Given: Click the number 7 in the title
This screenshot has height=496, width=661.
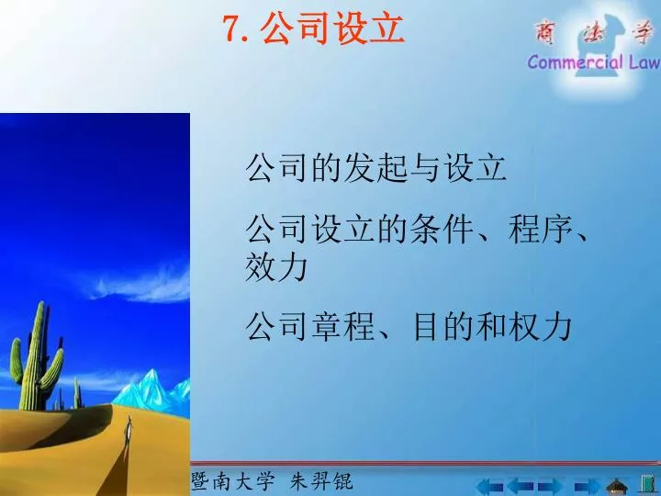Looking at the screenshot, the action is [x=232, y=28].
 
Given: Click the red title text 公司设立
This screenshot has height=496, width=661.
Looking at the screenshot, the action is [x=332, y=28].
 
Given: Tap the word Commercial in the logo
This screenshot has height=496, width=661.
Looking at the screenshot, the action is [x=576, y=62].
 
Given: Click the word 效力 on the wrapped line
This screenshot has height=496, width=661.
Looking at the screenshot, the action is [x=276, y=266].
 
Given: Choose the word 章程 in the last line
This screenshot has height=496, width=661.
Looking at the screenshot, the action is [x=343, y=326].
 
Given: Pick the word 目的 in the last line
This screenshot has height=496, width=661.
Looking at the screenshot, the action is [x=443, y=326].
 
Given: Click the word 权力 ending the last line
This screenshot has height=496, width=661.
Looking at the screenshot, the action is [x=541, y=326].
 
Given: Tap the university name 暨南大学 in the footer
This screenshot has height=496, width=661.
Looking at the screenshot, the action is [x=232, y=481].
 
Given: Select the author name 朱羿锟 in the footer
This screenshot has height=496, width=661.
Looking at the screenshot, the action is [x=321, y=481].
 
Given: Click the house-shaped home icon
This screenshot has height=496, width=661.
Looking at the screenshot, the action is [x=617, y=486].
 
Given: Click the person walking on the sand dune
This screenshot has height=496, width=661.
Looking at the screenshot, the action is [x=129, y=432].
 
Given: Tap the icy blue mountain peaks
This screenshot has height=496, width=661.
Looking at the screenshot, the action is [x=154, y=391].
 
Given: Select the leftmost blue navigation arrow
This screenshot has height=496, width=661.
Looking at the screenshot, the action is [x=489, y=487].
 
